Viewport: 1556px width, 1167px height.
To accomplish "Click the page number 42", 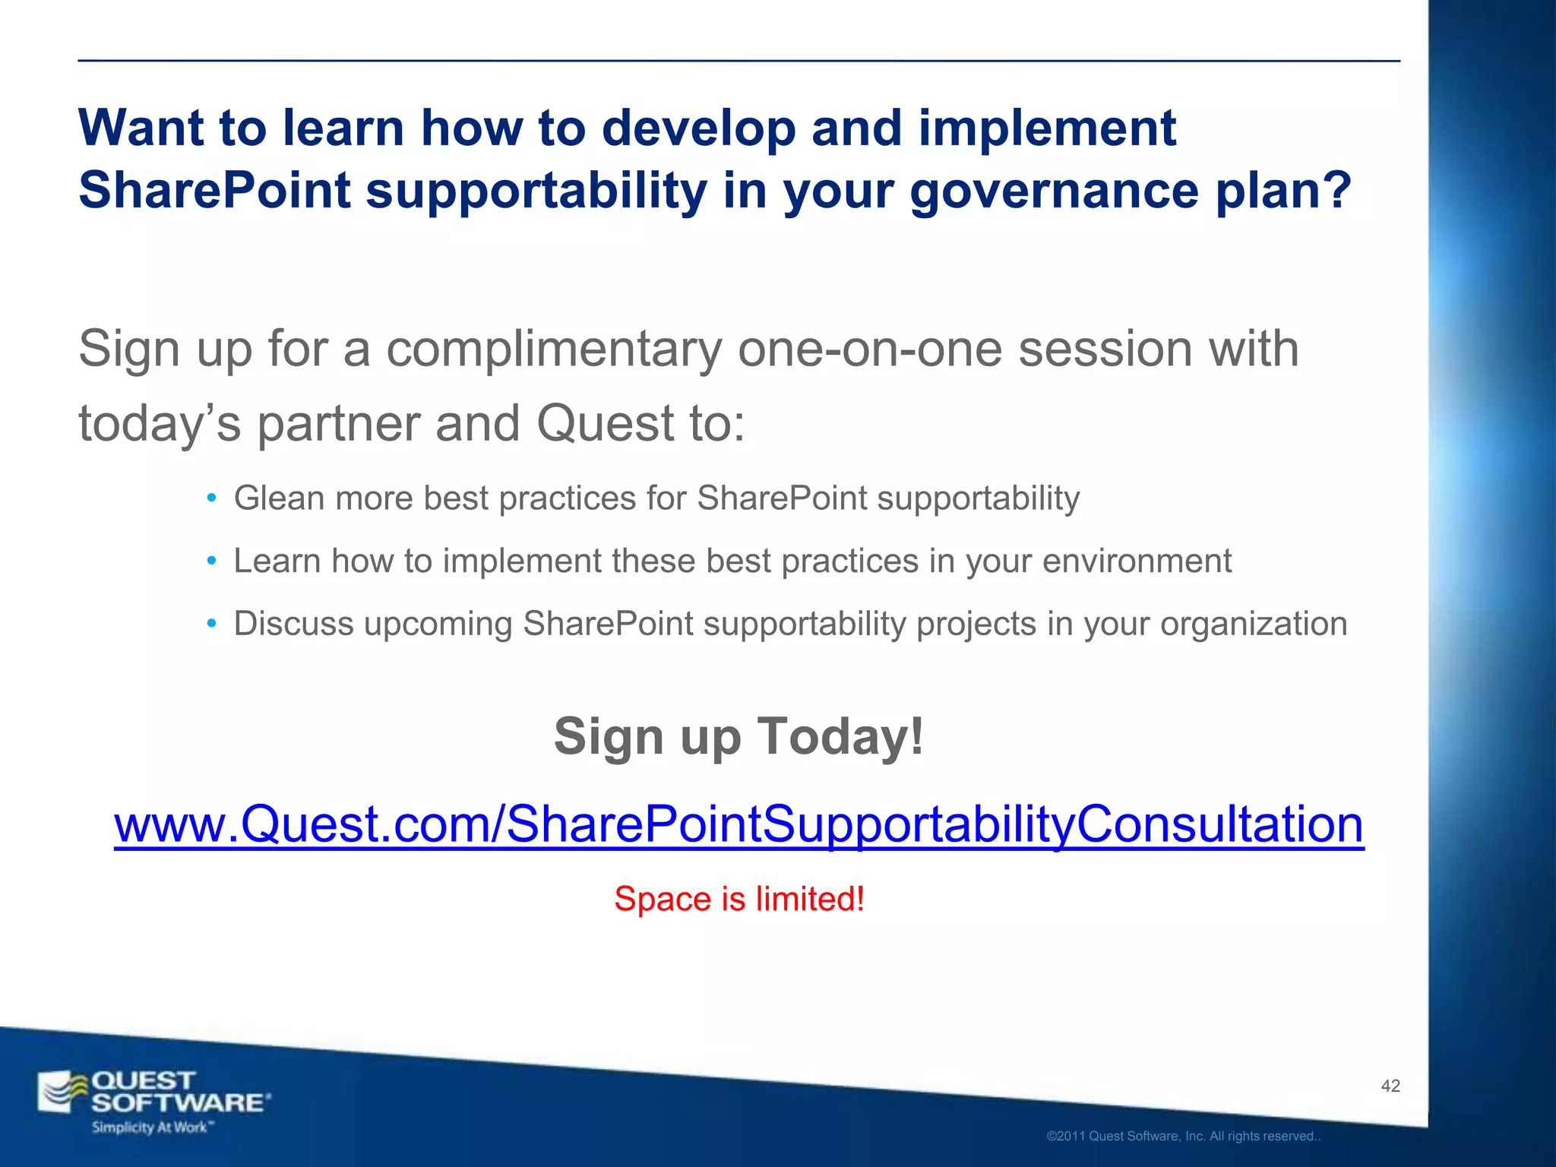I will (x=1390, y=1086).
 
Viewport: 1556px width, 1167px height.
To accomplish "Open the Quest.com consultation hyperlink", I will (x=738, y=824).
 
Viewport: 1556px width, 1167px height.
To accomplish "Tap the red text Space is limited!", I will (x=738, y=899).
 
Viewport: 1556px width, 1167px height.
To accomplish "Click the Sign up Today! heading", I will (x=738, y=736).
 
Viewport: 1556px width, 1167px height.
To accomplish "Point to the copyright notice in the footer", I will (x=1183, y=1136).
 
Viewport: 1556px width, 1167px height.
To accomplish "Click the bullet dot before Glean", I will (x=212, y=499).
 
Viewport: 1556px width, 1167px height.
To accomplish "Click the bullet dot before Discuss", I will (x=212, y=625).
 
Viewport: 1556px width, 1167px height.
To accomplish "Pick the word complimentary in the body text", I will (x=554, y=349).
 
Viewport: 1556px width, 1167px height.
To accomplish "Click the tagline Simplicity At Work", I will (x=150, y=1127).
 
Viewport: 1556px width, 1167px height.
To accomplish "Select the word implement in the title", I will (x=1047, y=128).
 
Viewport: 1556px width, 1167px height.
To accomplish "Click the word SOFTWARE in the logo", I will (x=179, y=1102).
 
